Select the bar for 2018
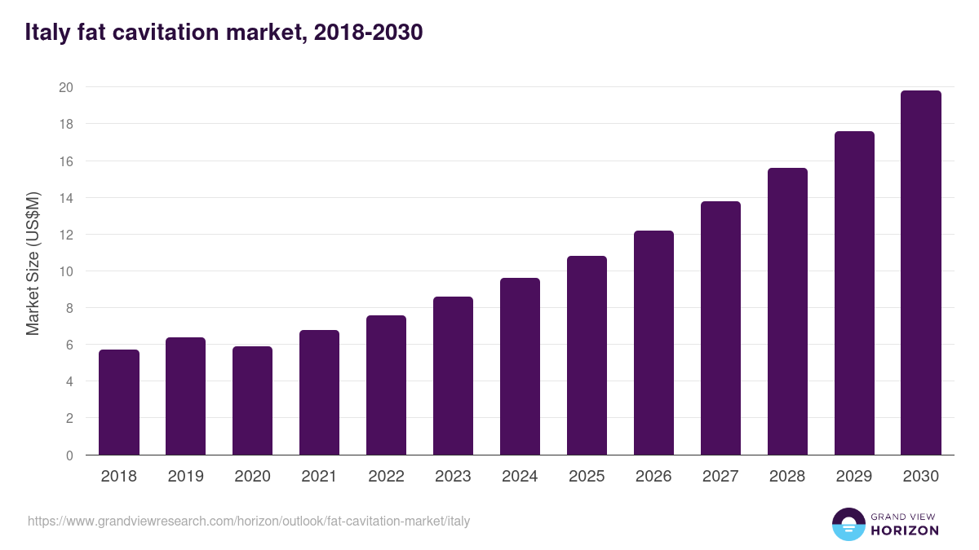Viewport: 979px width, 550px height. (x=119, y=403)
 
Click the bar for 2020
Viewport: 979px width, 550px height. (x=253, y=401)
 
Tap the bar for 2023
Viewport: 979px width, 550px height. (x=454, y=376)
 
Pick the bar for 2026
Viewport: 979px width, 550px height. (x=654, y=343)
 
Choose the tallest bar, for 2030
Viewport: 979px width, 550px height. (x=921, y=273)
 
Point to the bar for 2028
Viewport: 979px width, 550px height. (x=788, y=311)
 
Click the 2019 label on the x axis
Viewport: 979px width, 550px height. (x=186, y=477)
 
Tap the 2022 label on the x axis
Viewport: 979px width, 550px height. (x=387, y=477)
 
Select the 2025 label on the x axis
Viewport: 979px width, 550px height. (x=587, y=477)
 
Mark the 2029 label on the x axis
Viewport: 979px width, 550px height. (x=854, y=477)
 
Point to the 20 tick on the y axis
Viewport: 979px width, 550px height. (x=66, y=87)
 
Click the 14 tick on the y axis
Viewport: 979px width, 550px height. (x=66, y=198)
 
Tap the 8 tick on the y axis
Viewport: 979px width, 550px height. (x=69, y=308)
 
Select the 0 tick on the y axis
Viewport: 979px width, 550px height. (x=69, y=455)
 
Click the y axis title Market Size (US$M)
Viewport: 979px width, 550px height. (x=33, y=263)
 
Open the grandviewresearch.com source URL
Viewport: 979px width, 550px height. (x=249, y=521)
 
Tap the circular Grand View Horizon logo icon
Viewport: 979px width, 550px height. (x=848, y=524)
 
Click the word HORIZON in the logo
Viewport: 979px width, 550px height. (x=904, y=530)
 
